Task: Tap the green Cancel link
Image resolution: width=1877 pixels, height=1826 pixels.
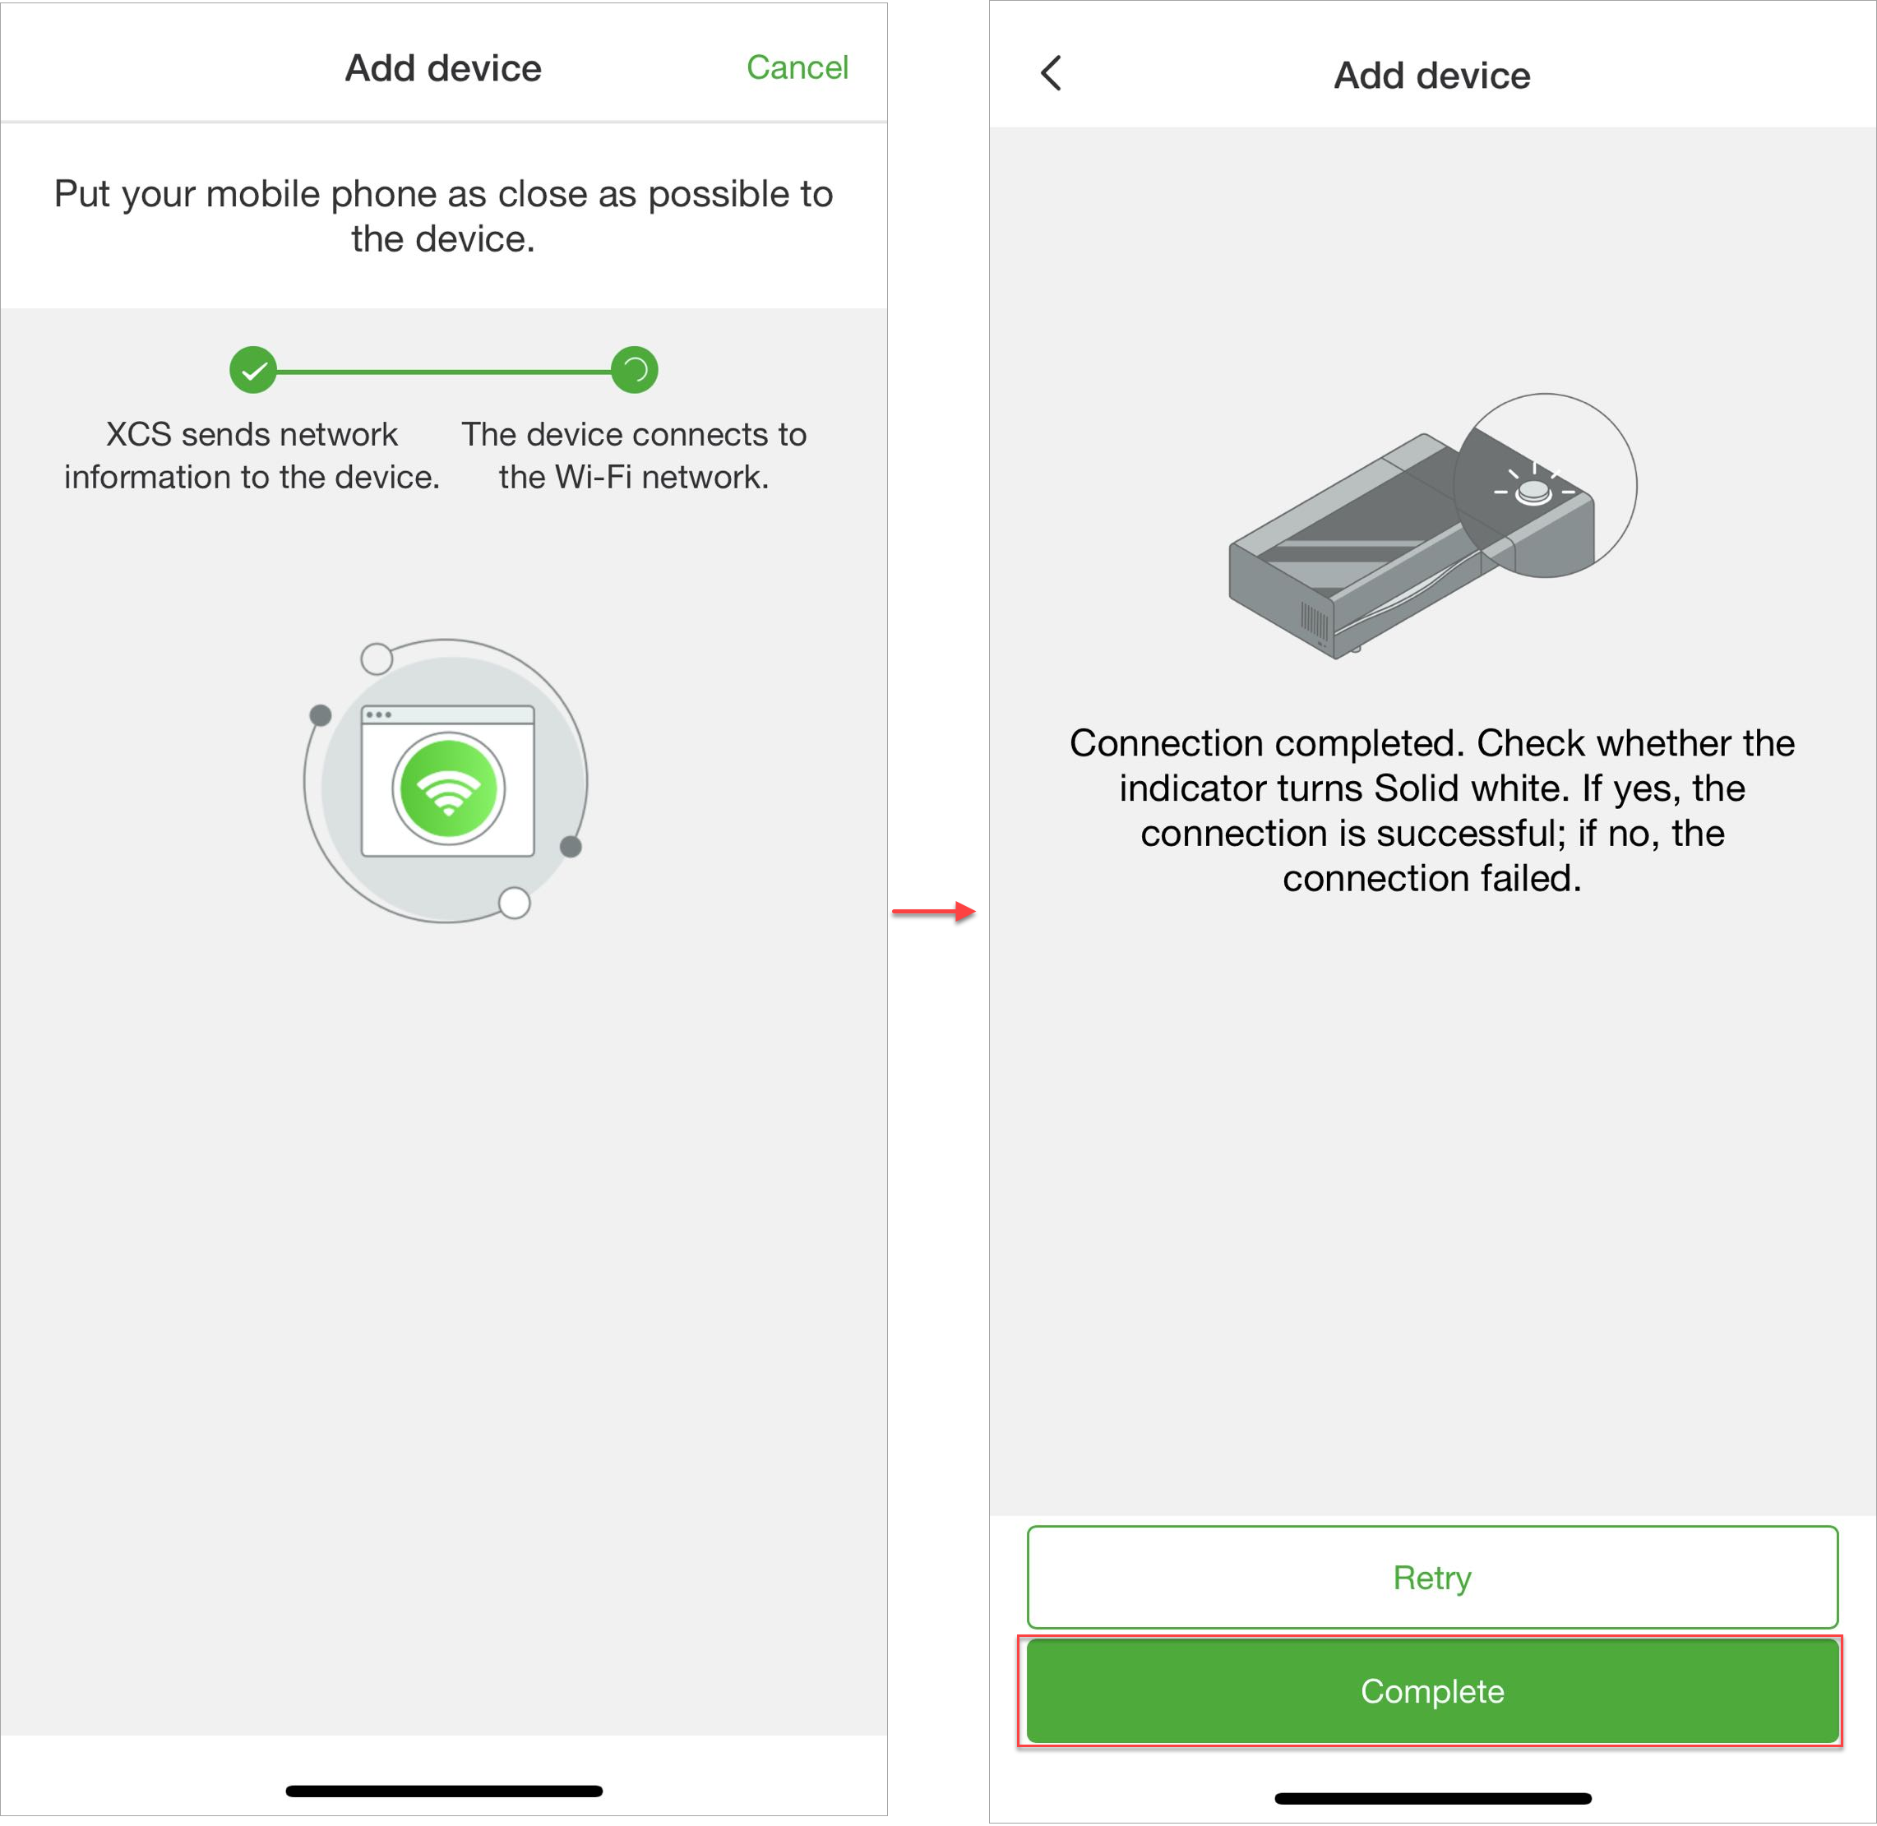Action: point(797,68)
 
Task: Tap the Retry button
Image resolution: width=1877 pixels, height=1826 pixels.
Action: point(1432,1578)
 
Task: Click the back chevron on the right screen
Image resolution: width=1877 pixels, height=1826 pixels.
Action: point(1052,73)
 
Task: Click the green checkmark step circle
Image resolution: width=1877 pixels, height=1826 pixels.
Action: point(253,370)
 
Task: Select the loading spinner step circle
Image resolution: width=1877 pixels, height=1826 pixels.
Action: point(634,370)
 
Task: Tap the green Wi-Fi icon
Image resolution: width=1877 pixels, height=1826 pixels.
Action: point(448,788)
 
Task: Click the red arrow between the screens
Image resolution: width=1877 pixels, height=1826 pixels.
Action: point(933,912)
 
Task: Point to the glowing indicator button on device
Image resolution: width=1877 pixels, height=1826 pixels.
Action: point(1533,492)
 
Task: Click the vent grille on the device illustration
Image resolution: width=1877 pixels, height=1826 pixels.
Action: point(1313,621)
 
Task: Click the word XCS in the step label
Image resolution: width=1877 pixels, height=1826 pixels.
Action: point(138,434)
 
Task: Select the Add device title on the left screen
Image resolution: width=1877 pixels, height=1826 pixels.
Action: point(443,69)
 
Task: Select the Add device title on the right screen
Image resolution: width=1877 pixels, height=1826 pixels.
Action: point(1432,76)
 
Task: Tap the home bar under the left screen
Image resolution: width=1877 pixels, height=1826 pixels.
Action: point(444,1791)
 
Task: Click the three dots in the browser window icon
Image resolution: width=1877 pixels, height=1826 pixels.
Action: point(378,714)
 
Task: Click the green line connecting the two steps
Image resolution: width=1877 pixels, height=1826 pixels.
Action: point(443,371)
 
